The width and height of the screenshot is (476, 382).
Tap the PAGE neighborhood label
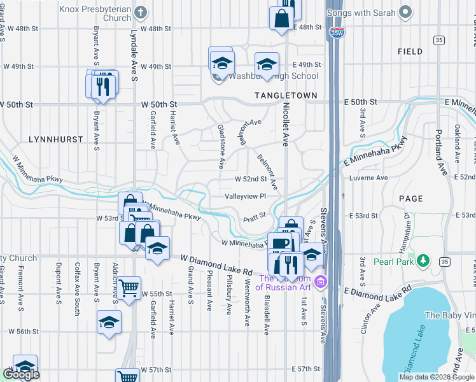pyautogui.click(x=410, y=199)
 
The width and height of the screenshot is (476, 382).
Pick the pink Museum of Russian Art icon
pyautogui.click(x=320, y=281)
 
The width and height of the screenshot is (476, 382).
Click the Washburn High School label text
pyautogui.click(x=274, y=76)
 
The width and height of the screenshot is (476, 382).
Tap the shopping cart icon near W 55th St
pyautogui.click(x=129, y=289)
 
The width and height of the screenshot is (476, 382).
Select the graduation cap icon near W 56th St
pyautogui.click(x=109, y=322)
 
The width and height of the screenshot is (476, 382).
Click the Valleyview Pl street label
pyautogui.click(x=244, y=196)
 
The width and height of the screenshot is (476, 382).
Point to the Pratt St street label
pyautogui.click(x=254, y=218)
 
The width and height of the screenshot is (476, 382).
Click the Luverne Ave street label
pyautogui.click(x=368, y=178)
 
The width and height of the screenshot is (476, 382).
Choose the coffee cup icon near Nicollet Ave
pyautogui.click(x=279, y=243)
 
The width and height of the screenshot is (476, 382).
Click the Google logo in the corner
pyautogui.click(x=21, y=374)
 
